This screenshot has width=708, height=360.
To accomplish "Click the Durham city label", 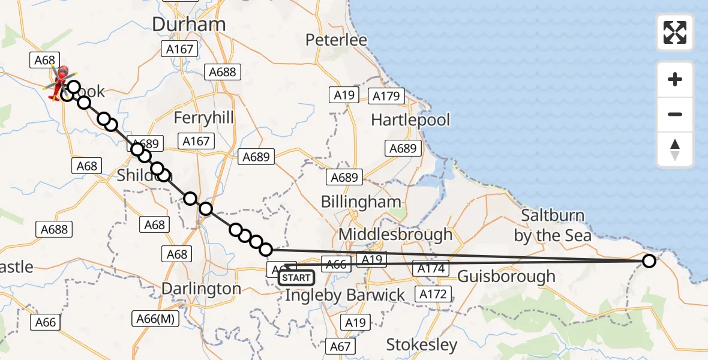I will (189, 24).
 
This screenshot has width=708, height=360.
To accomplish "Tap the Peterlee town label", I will (336, 40).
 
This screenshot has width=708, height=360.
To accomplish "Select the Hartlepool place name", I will (410, 120).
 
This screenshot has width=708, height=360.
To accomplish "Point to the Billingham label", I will (361, 202).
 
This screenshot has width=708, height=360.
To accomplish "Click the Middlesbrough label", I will (396, 234).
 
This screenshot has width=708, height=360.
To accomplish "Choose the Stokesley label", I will (422, 345).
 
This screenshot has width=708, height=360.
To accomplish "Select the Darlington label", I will (201, 289).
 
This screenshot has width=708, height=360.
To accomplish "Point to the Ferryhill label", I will (203, 117).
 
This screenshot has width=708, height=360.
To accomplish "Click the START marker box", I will (296, 278).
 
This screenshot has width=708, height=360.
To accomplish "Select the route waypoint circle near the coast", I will (649, 260).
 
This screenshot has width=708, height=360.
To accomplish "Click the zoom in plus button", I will (675, 80).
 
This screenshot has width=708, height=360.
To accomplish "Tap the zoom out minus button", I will (675, 115).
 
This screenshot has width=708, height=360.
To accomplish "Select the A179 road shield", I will (386, 96).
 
